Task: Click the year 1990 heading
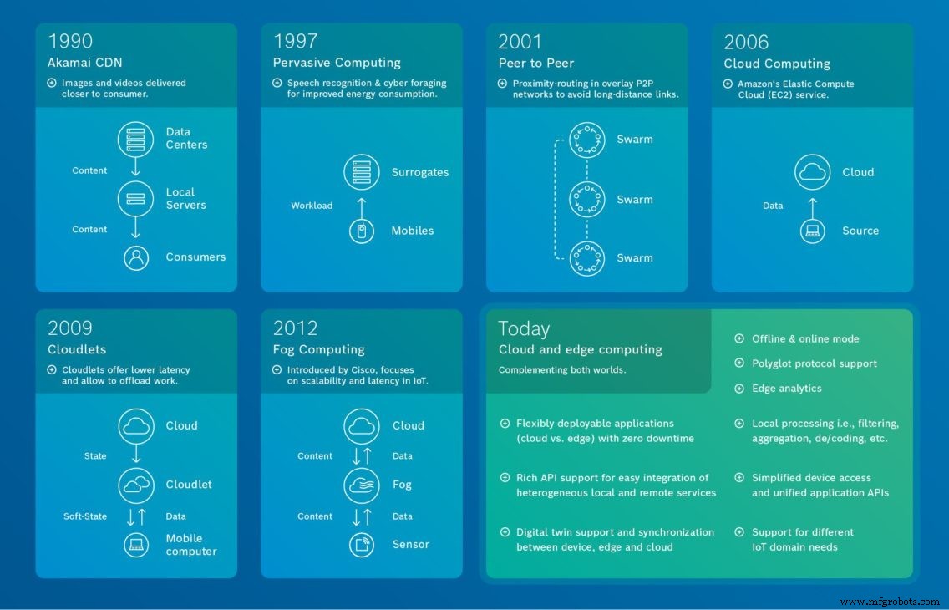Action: (70, 41)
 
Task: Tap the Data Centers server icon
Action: (136, 138)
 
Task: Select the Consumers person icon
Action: (136, 257)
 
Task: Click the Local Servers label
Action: (185, 198)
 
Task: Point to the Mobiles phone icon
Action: (362, 231)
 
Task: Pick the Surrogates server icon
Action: (362, 172)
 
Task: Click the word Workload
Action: (312, 206)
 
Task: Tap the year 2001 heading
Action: (520, 41)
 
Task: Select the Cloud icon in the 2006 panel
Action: (812, 172)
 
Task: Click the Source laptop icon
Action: (812, 231)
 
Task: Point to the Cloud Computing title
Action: (777, 64)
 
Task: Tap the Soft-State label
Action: (85, 516)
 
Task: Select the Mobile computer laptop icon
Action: (136, 545)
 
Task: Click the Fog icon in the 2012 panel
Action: (362, 485)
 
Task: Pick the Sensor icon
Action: (362, 545)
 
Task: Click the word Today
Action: (524, 328)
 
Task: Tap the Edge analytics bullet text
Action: (786, 389)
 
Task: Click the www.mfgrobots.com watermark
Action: (891, 602)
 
